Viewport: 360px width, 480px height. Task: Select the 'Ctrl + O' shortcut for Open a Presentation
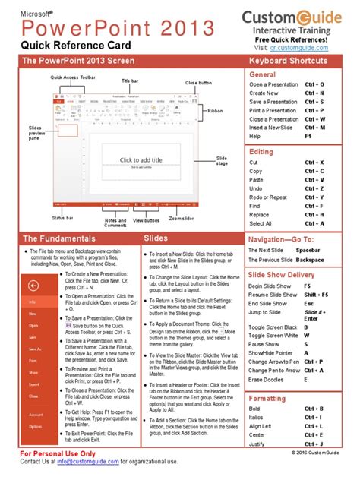pyautogui.click(x=314, y=84)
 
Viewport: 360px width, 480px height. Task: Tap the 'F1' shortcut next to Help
pyautogui.click(x=308, y=137)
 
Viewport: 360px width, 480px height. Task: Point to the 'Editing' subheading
pyautogui.click(x=261, y=152)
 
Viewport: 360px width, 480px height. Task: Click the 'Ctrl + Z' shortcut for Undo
pyautogui.click(x=314, y=188)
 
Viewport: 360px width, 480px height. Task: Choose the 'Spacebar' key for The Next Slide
pyautogui.click(x=310, y=250)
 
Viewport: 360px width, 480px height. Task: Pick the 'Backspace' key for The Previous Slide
pyautogui.click(x=311, y=260)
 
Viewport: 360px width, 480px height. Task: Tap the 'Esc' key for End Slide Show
pyautogui.click(x=307, y=303)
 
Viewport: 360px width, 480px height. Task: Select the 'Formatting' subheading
pyautogui.click(x=267, y=398)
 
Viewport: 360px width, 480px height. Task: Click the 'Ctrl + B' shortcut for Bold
pyautogui.click(x=314, y=409)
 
